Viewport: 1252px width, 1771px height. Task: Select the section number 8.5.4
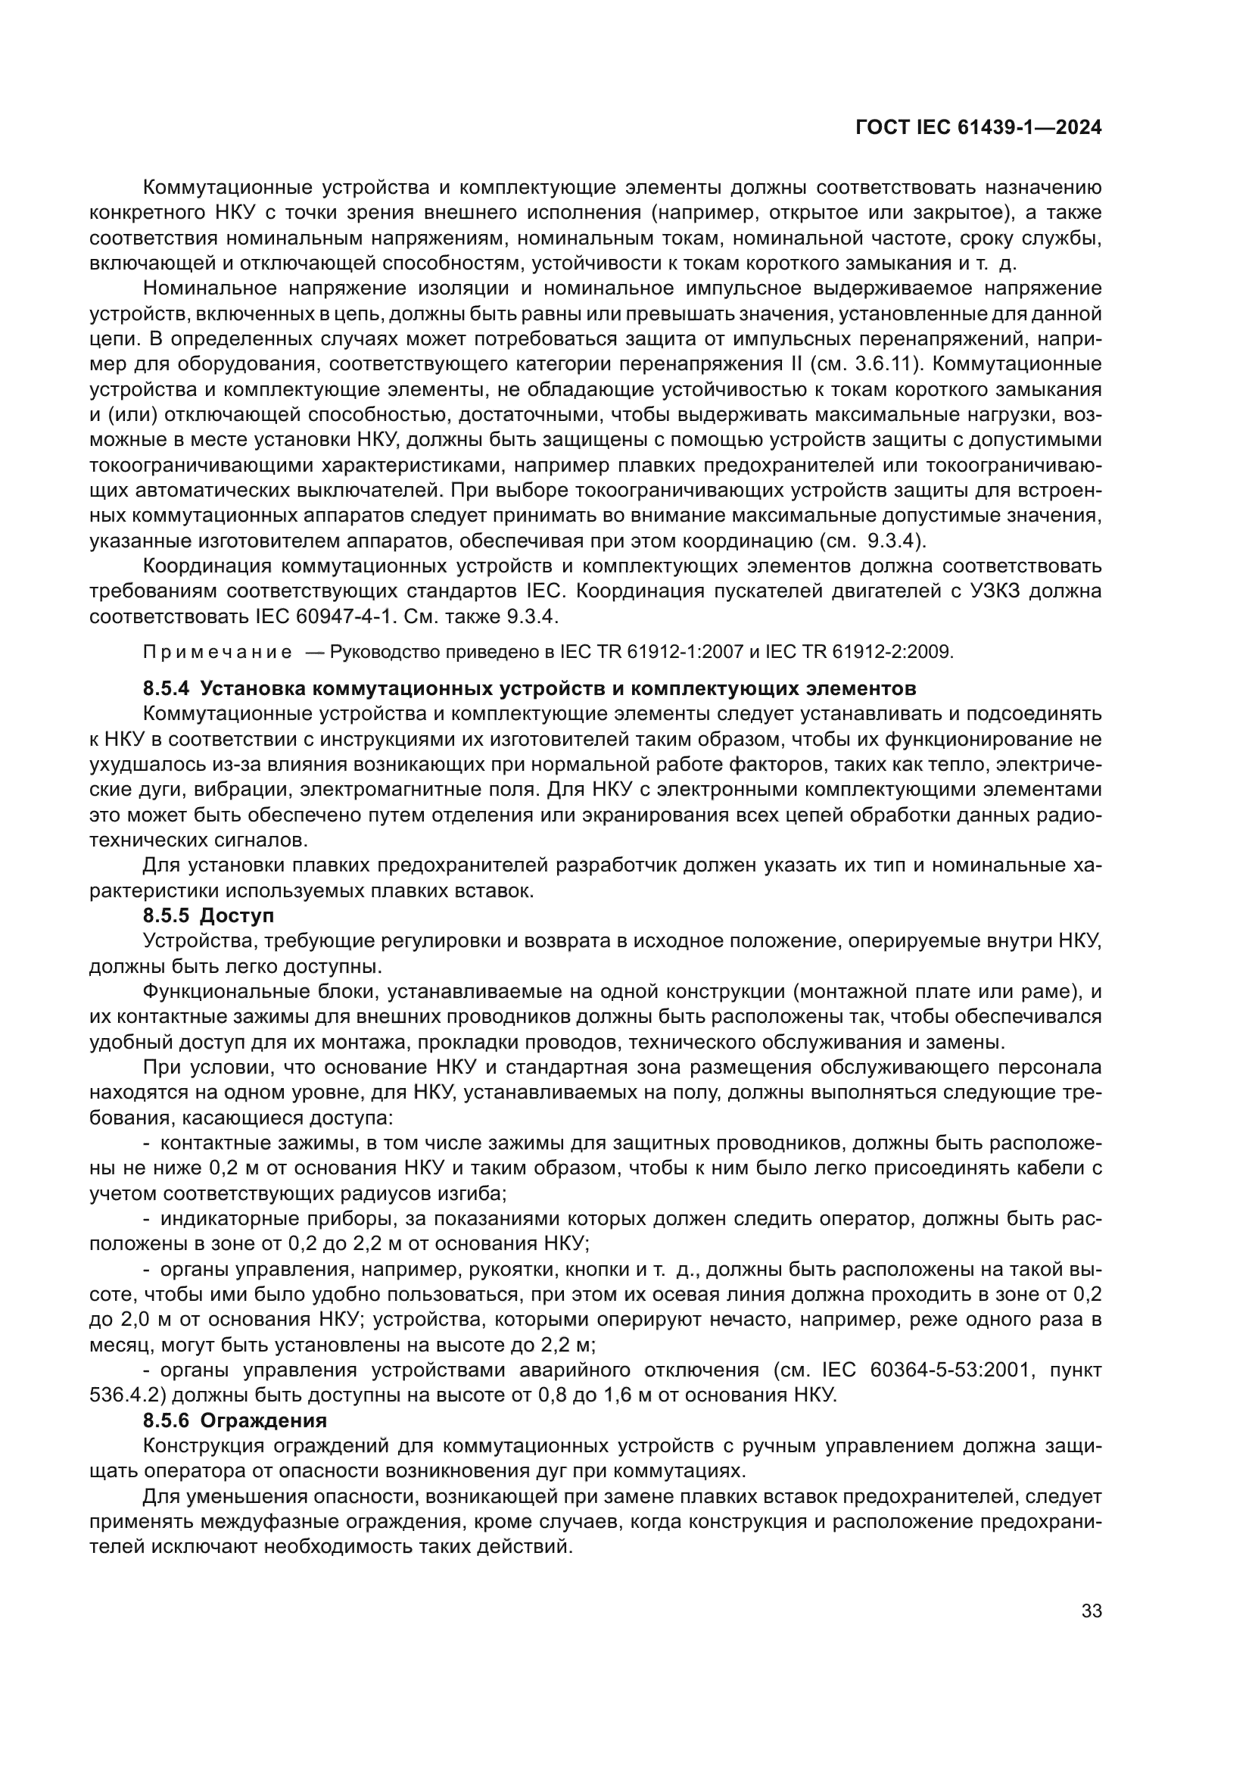(x=166, y=688)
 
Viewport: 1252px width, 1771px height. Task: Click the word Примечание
(x=217, y=653)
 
